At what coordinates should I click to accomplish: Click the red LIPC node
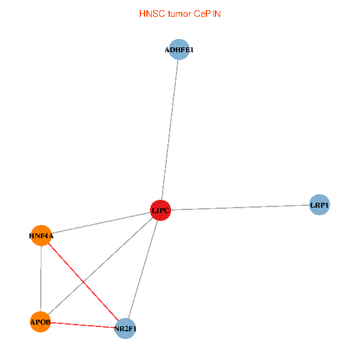160,210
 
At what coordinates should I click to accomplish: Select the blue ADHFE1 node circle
179,50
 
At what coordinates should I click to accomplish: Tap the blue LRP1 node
319,205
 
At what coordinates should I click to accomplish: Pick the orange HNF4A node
41,235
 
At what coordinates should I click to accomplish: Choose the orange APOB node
40,322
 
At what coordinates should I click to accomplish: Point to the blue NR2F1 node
125,328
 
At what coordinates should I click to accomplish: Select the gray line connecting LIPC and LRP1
240,208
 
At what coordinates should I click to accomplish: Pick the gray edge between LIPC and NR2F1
143,269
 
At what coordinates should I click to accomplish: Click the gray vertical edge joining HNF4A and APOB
40,279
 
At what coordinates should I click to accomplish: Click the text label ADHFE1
179,50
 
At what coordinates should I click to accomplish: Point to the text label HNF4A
41,236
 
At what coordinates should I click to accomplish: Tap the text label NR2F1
125,329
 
